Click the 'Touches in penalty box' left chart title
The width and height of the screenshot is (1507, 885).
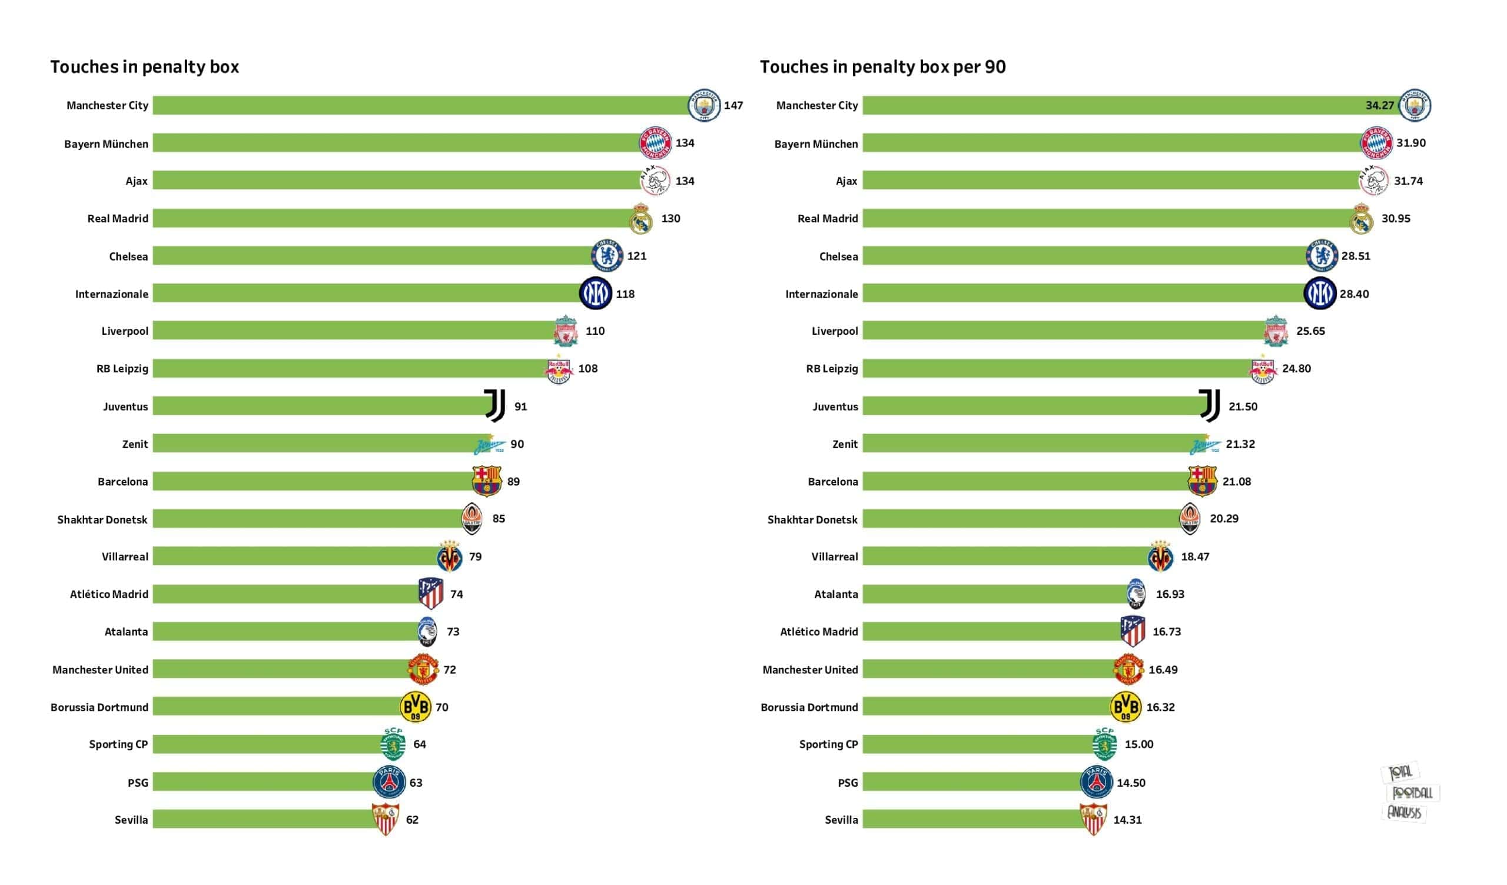(x=144, y=66)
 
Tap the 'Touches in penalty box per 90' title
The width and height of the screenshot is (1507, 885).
(x=882, y=66)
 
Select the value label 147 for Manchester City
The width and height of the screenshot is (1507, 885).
(x=733, y=105)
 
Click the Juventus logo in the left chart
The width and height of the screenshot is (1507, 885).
(x=494, y=405)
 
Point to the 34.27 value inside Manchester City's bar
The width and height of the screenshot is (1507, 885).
(x=1379, y=105)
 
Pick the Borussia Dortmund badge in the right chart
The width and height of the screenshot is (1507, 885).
(x=1126, y=707)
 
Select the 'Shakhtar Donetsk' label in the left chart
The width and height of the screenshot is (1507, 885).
(x=102, y=519)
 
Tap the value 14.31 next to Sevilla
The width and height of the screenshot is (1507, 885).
(x=1127, y=820)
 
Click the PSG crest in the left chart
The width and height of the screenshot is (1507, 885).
(x=389, y=781)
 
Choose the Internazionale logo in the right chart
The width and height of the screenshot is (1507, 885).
(x=1319, y=293)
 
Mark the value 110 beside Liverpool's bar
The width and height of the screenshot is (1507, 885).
(x=595, y=331)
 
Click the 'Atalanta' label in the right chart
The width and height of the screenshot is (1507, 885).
(x=835, y=594)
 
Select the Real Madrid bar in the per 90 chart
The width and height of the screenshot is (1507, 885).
(x=1106, y=218)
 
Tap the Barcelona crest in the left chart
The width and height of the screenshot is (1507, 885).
(x=486, y=481)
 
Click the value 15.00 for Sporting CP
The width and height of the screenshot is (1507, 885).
(x=1138, y=744)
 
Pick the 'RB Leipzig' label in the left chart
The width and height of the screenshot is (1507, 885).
(x=122, y=368)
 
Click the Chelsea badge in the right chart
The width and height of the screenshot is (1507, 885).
(x=1322, y=255)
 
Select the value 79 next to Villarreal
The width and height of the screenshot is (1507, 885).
(x=475, y=556)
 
